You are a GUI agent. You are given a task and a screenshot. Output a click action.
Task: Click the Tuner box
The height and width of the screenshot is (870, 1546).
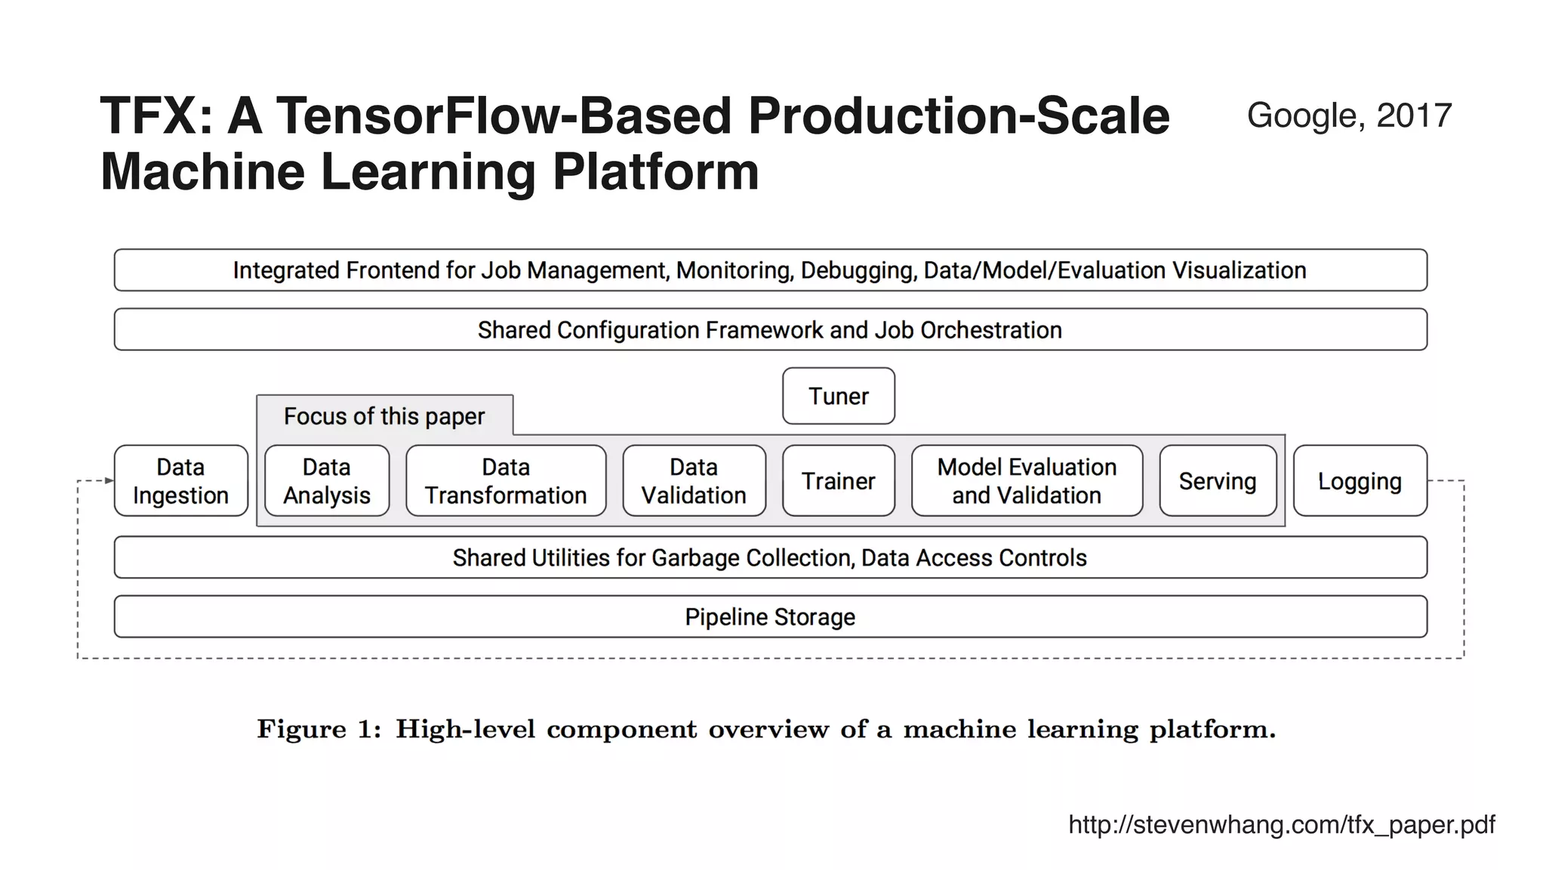[x=838, y=396]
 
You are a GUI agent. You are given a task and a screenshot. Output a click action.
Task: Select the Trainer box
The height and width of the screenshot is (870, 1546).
[x=838, y=481]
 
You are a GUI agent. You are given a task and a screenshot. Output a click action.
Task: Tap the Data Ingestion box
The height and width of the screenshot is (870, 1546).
[x=180, y=481]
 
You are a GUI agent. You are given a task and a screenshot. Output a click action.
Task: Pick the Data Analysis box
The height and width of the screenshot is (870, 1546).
[x=326, y=481]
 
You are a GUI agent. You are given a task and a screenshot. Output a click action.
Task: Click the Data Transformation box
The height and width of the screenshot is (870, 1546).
[x=505, y=481]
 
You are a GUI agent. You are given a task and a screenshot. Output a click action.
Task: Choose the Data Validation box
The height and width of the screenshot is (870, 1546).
[x=693, y=481]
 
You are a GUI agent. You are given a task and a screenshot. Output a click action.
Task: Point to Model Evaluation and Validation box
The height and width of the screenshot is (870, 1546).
[x=1026, y=481]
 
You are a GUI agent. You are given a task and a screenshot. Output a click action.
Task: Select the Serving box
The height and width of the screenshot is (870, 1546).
[x=1217, y=481]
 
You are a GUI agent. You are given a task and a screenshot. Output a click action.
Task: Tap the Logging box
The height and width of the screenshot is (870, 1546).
[x=1359, y=481]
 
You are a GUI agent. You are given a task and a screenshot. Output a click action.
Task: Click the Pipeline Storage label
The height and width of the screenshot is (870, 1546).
[x=769, y=617]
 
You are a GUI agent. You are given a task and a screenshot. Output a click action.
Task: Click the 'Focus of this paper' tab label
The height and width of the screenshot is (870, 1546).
[x=383, y=416]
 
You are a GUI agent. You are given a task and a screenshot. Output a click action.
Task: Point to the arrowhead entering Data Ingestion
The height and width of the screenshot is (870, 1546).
[x=109, y=480]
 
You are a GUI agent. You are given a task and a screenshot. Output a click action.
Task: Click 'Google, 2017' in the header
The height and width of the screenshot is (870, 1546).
[x=1349, y=116]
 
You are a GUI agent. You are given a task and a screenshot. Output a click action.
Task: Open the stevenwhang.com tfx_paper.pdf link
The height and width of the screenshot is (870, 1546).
[x=1281, y=824]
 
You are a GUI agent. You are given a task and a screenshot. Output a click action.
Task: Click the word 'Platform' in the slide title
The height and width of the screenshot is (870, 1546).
[x=655, y=172]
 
